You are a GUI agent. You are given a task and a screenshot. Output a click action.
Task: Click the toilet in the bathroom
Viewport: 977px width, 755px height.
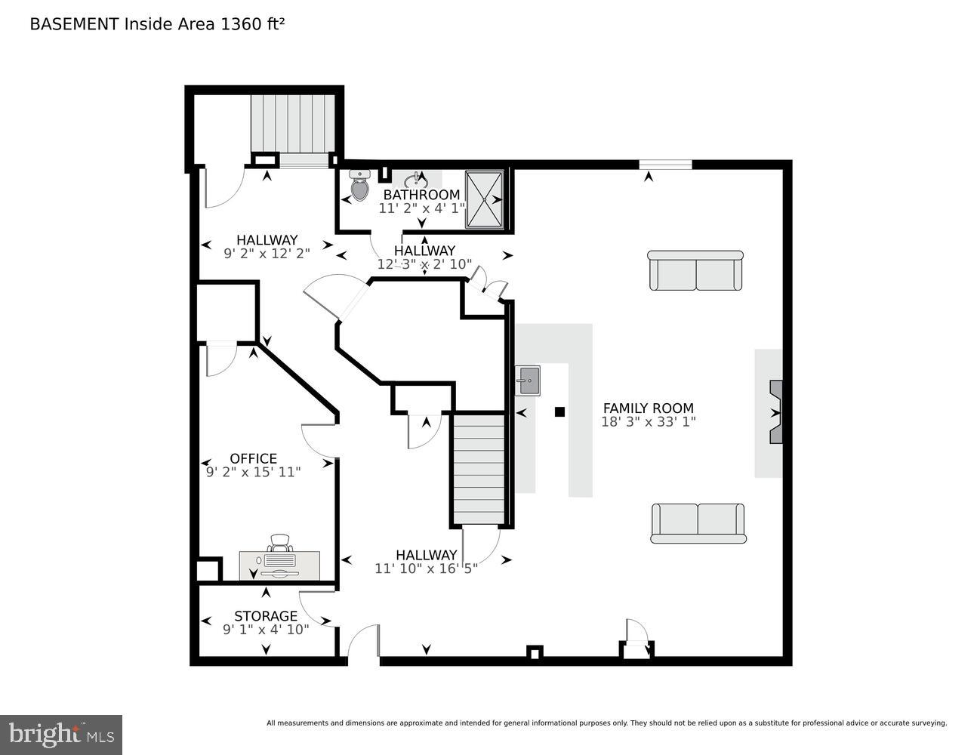coord(359,186)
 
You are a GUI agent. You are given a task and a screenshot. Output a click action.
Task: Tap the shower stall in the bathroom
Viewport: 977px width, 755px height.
coord(484,199)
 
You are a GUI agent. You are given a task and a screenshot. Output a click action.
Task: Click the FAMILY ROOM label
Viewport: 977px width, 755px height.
coord(648,408)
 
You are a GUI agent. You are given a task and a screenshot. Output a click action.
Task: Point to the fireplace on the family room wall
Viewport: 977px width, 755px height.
coord(776,413)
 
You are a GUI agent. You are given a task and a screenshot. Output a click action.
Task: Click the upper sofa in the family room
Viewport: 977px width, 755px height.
coord(695,270)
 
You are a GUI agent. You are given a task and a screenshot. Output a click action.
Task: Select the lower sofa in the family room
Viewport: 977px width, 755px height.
coord(698,523)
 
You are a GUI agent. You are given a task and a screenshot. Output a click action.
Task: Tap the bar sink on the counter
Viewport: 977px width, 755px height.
coord(528,380)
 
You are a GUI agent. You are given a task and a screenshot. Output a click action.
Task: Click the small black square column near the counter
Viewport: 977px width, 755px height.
coord(559,411)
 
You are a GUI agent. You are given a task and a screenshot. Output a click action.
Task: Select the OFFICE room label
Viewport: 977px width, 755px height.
coord(253,458)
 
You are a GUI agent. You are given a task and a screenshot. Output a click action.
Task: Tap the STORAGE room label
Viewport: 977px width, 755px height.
coord(265,616)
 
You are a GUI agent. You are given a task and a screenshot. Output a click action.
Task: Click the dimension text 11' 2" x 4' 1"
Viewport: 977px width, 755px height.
coord(422,208)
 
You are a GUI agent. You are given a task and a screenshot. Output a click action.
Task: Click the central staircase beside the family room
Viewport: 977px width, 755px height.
coord(479,468)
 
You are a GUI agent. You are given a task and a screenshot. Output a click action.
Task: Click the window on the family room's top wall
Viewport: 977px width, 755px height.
coord(665,165)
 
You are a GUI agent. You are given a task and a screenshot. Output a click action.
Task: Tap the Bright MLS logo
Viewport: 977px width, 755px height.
coord(61,734)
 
